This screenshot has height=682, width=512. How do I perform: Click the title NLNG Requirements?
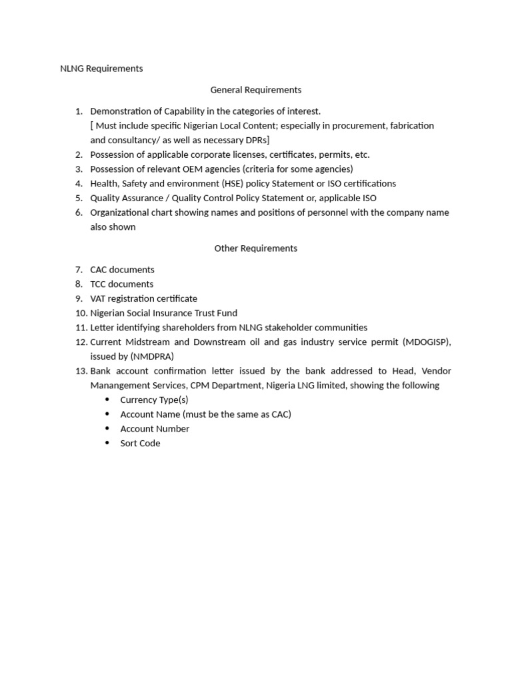[x=101, y=69]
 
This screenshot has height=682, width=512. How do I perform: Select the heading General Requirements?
[x=256, y=90]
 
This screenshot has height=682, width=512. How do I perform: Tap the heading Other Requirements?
[x=256, y=248]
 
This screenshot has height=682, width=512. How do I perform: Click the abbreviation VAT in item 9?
[x=99, y=299]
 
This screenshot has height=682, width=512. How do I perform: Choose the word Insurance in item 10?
[x=173, y=313]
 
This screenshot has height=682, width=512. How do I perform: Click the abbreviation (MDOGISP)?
[x=427, y=342]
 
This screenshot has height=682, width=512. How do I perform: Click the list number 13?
[x=80, y=371]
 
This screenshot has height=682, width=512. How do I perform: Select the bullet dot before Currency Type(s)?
[x=108, y=400]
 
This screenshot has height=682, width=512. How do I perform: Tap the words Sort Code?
[x=140, y=444]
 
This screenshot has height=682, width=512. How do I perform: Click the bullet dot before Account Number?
[x=108, y=429]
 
